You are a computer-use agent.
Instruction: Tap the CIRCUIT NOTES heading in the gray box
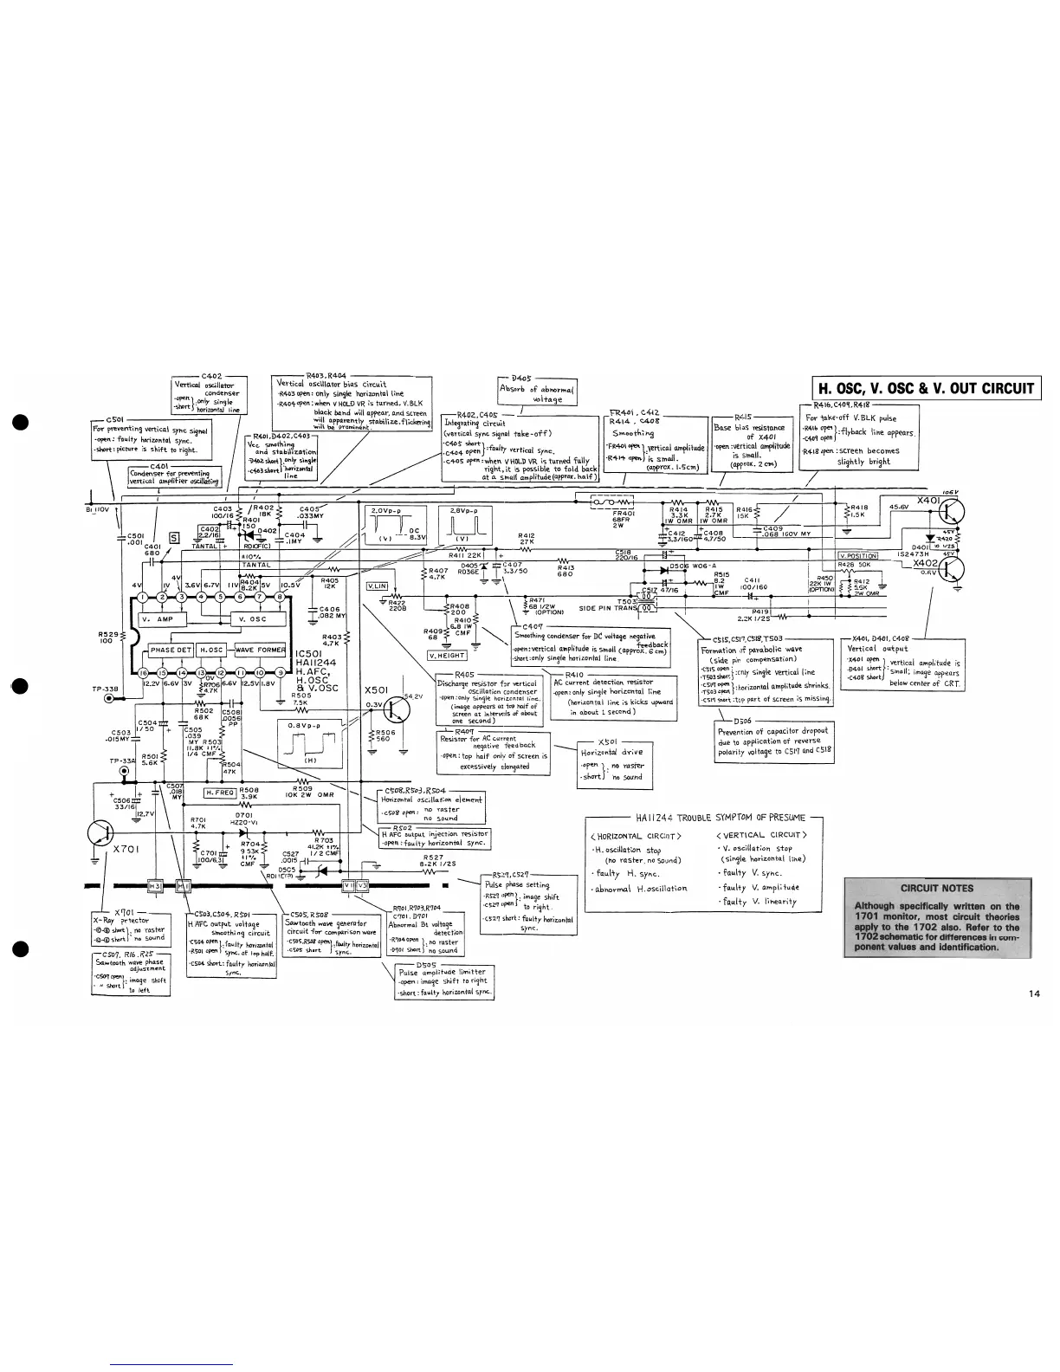coord(937,888)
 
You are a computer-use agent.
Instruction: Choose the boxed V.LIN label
coord(378,586)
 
